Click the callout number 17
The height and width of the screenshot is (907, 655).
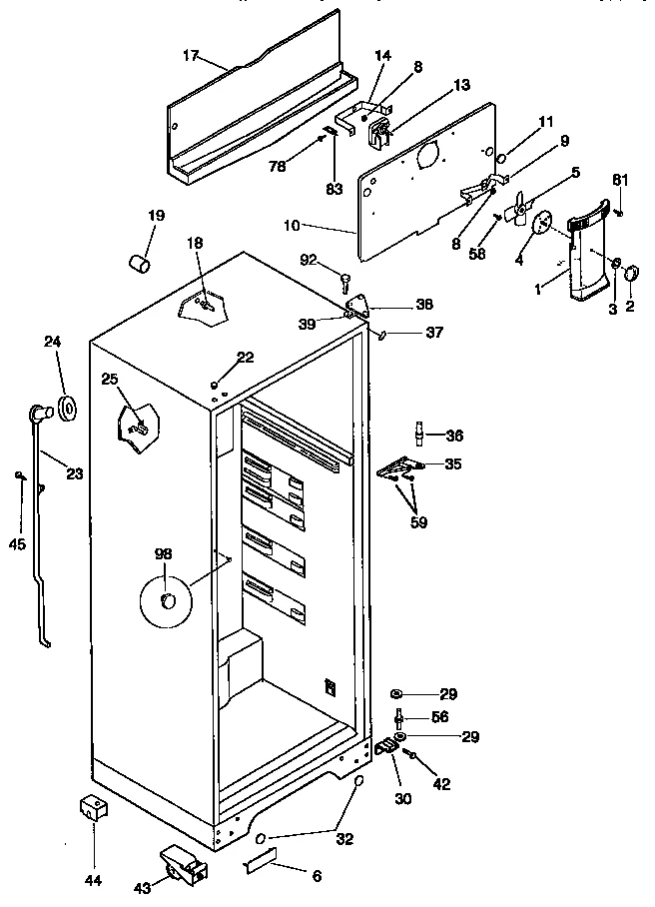[x=191, y=57]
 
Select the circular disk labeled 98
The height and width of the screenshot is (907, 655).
[x=166, y=599]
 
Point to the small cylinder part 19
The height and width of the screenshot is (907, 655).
[x=140, y=263]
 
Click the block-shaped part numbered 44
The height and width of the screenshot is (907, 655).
[x=93, y=810]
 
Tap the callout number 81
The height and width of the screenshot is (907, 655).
[x=619, y=181]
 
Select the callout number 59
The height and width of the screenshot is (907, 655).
[x=416, y=520]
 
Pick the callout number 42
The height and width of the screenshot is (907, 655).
[x=440, y=784]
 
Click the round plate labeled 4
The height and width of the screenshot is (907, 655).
[x=544, y=224]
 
